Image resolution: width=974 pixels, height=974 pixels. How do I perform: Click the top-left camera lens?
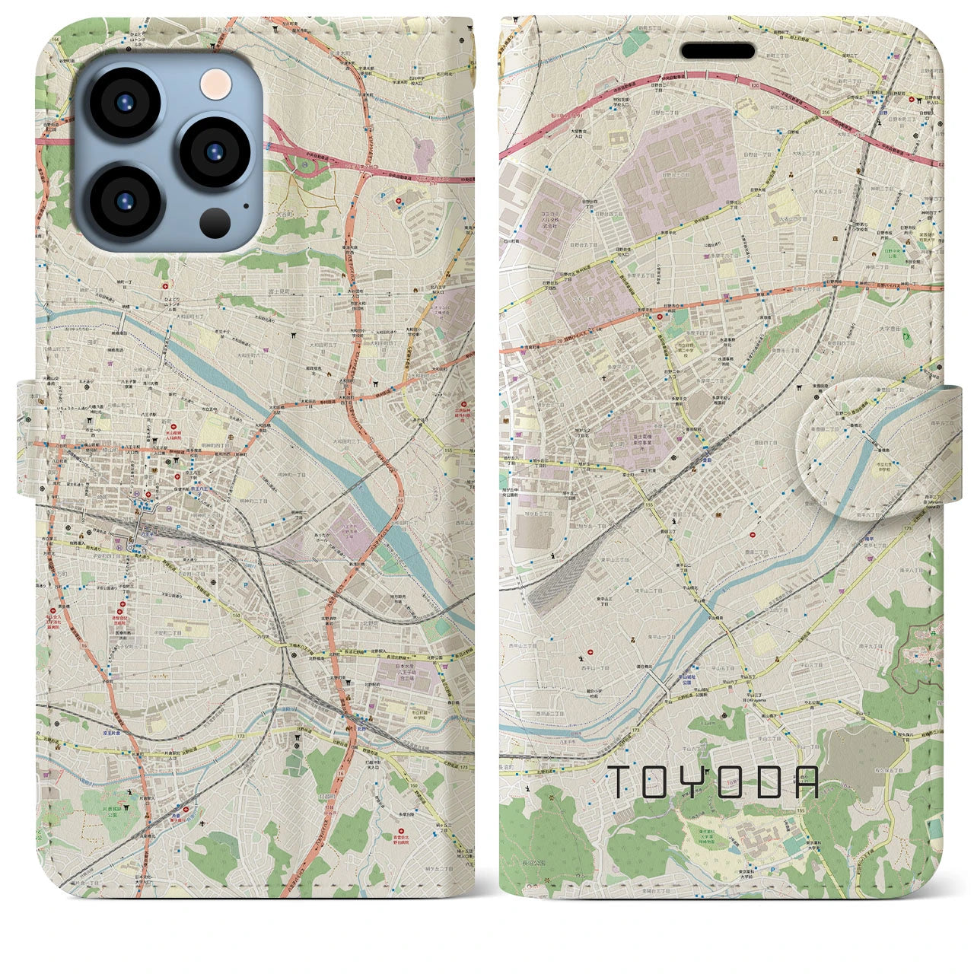(x=125, y=105)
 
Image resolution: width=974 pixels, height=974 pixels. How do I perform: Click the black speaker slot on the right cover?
(x=718, y=51)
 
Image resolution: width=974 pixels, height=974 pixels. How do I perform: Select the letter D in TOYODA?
(x=768, y=781)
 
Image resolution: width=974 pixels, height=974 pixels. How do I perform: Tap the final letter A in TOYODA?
(x=807, y=781)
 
